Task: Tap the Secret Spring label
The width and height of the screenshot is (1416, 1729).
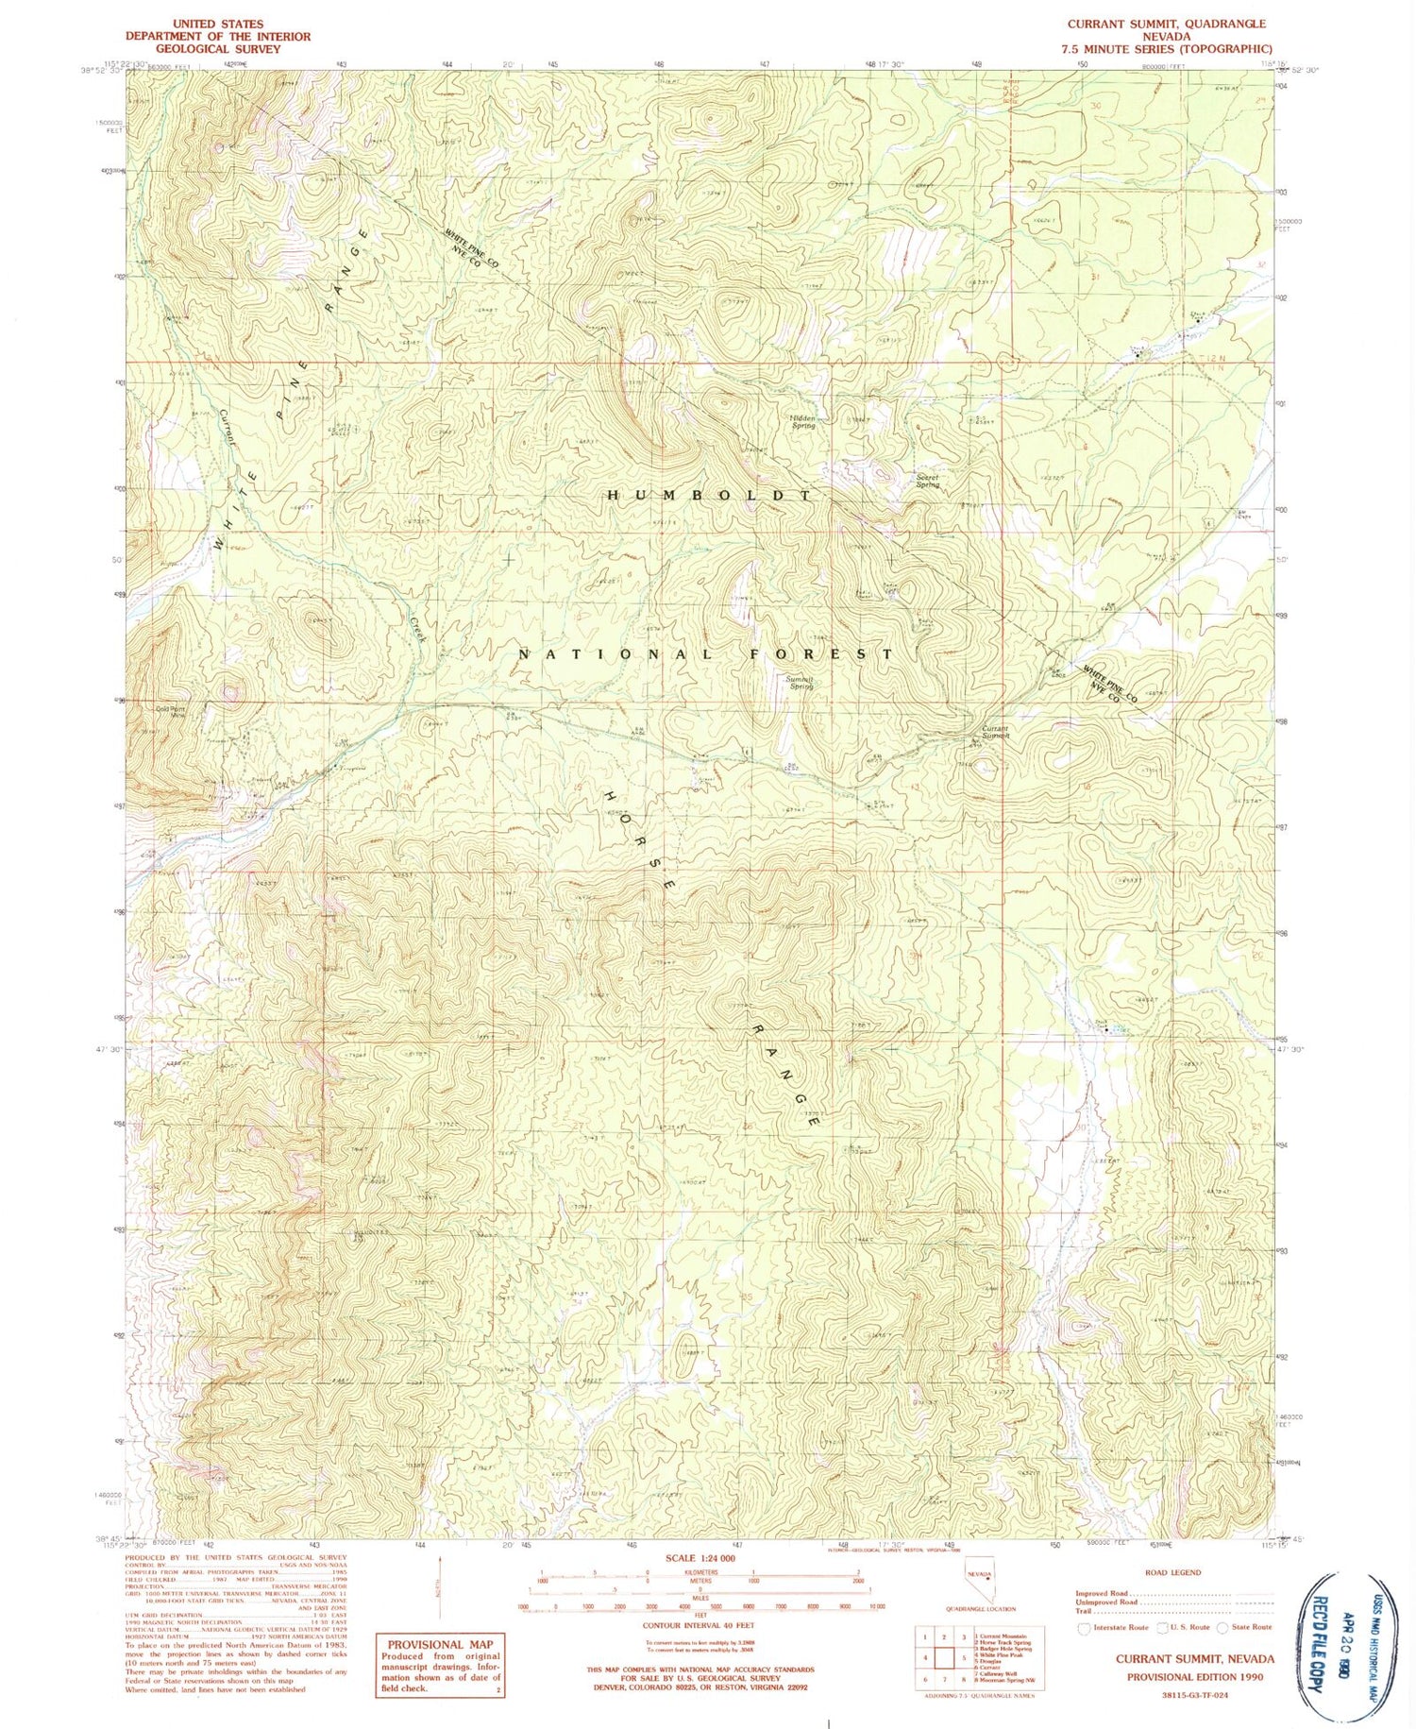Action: [928, 481]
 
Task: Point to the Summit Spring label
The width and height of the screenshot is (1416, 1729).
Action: [800, 682]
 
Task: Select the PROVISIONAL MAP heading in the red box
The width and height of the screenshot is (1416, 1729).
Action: [440, 1644]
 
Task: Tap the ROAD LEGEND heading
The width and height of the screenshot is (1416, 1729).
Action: [1172, 1572]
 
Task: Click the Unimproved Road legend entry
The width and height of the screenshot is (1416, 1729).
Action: [1109, 1602]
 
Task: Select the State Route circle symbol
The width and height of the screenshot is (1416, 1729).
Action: [1224, 1627]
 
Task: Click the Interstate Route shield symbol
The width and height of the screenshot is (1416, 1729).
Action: [1083, 1627]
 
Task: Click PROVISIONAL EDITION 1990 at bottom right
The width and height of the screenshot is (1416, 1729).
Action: [1194, 1677]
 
